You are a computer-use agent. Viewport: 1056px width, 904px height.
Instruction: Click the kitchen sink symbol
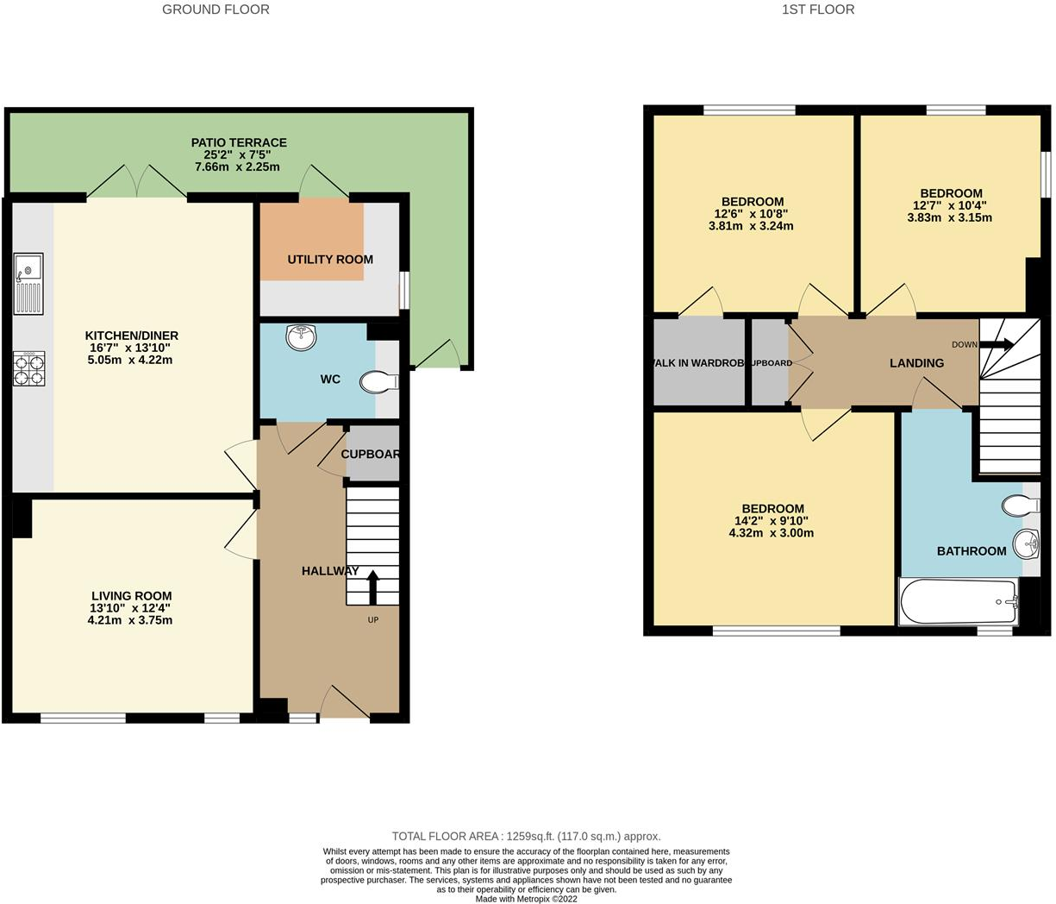(28, 285)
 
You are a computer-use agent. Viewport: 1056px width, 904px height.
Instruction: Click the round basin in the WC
(302, 338)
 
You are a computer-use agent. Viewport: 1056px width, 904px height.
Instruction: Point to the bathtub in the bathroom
(958, 600)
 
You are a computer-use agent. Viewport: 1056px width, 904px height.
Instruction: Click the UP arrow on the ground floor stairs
(372, 588)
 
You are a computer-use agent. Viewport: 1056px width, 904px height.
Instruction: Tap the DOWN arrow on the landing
(996, 344)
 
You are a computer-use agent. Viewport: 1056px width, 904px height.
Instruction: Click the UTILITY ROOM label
(330, 260)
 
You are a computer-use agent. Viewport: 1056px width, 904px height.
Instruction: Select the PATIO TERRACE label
(239, 143)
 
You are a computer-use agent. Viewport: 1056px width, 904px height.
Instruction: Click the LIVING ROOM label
(131, 596)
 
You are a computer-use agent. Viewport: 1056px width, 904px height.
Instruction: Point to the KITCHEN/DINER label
(131, 336)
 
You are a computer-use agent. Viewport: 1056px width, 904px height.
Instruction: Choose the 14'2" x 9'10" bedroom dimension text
(771, 521)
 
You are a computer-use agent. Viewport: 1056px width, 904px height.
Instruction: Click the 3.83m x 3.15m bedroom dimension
(949, 217)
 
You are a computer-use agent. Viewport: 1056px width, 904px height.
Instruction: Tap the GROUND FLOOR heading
(216, 9)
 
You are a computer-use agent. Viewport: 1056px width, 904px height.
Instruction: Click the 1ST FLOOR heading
(817, 9)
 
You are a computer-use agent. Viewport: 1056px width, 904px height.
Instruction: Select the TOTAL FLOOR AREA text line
(526, 836)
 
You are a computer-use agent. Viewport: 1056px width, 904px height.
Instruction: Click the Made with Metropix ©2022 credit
(526, 898)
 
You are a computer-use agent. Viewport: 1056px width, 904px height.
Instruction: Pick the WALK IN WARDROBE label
(698, 363)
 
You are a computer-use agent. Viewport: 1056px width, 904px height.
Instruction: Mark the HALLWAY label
(330, 571)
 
